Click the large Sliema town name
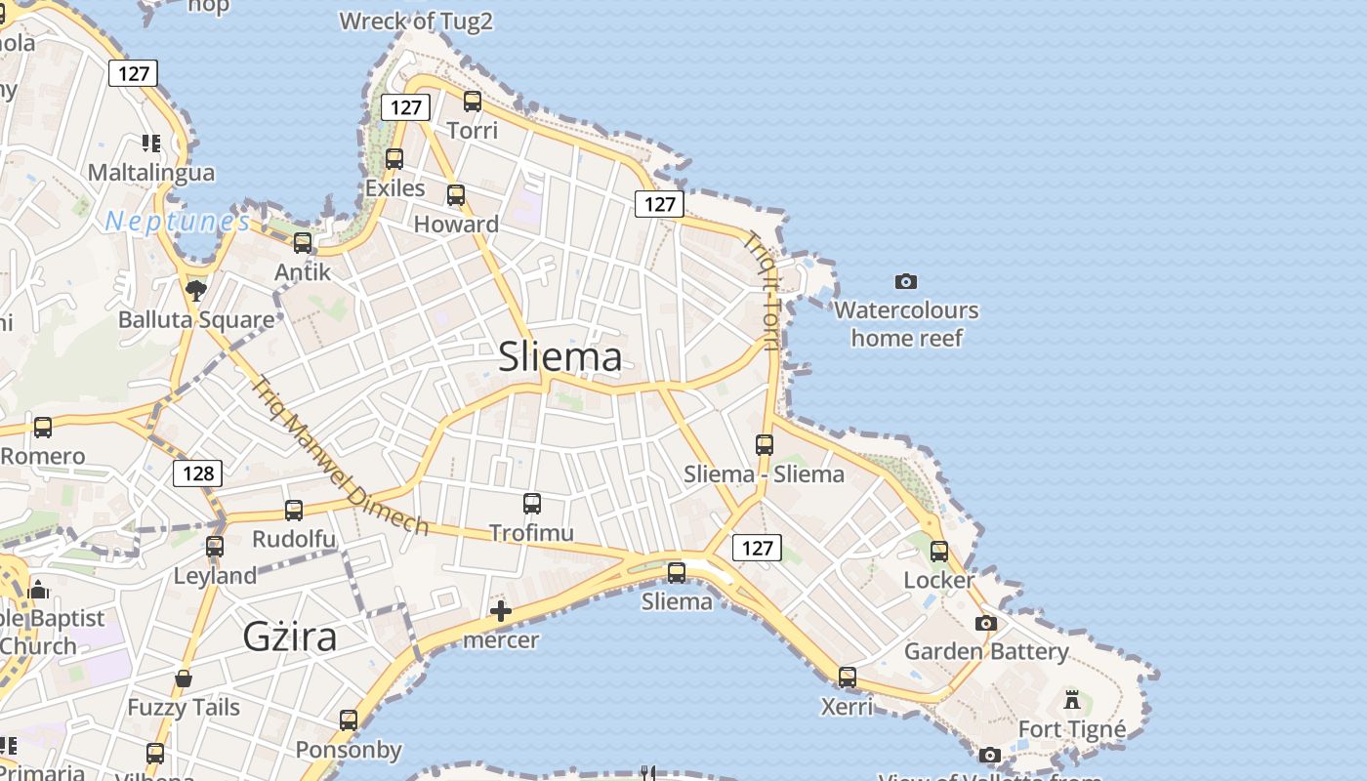[x=559, y=357]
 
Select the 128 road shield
[x=198, y=473]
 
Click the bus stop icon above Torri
[x=473, y=101]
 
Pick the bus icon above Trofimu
[x=532, y=504]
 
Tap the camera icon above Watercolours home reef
[x=906, y=282]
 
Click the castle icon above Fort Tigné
[x=1072, y=699]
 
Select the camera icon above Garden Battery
[x=986, y=623]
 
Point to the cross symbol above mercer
[x=501, y=612]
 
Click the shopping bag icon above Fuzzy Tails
[x=184, y=678]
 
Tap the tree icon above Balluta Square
[x=196, y=290]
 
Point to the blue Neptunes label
[x=178, y=222]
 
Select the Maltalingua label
[x=151, y=173]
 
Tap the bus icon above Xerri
[x=847, y=677]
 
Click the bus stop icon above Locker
[x=939, y=552]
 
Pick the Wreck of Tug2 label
[x=416, y=21]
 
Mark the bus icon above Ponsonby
[x=349, y=720]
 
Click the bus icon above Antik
[x=303, y=243]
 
